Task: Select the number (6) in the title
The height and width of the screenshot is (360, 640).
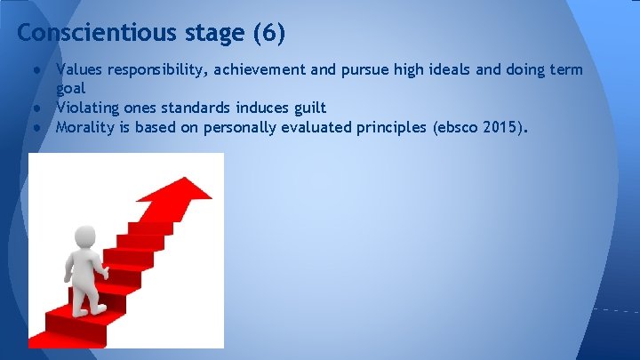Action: pos(269,34)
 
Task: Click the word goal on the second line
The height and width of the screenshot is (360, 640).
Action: pos(71,89)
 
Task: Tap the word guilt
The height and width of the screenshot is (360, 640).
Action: pos(308,108)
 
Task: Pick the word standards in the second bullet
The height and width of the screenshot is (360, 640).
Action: pos(196,108)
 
